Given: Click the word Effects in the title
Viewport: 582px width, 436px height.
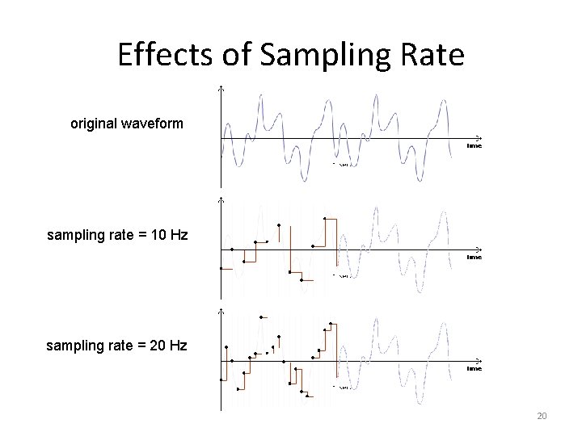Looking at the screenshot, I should click(x=164, y=55).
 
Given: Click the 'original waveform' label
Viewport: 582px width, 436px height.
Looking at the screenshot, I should click(x=127, y=124).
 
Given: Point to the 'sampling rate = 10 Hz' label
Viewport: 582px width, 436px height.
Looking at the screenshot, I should click(x=117, y=235).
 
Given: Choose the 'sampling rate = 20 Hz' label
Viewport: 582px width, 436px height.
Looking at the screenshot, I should click(x=117, y=346).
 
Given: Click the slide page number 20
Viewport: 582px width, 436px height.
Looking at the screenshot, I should click(x=542, y=416).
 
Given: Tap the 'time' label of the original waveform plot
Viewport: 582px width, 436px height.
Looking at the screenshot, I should click(x=474, y=146).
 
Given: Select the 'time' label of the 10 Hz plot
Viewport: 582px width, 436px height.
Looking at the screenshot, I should click(x=474, y=257).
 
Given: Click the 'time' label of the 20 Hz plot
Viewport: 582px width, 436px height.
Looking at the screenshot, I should click(x=474, y=368).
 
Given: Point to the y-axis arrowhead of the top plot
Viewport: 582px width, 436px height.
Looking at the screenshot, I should click(x=221, y=88).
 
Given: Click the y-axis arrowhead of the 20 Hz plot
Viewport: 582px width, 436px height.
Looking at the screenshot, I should click(x=221, y=310).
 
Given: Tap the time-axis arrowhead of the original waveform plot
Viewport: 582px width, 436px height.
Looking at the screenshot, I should click(x=479, y=138).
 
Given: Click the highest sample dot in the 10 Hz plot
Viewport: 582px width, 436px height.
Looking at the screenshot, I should click(x=325, y=218).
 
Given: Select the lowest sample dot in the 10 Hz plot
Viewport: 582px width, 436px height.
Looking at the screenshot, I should click(x=302, y=281).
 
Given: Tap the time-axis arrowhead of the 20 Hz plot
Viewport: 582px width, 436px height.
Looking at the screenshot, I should click(x=479, y=360).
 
